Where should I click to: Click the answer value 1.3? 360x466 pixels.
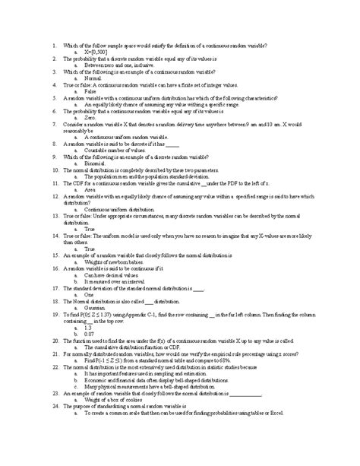(88, 326)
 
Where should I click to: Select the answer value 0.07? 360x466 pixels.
(90, 333)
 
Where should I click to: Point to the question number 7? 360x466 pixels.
(55, 123)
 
